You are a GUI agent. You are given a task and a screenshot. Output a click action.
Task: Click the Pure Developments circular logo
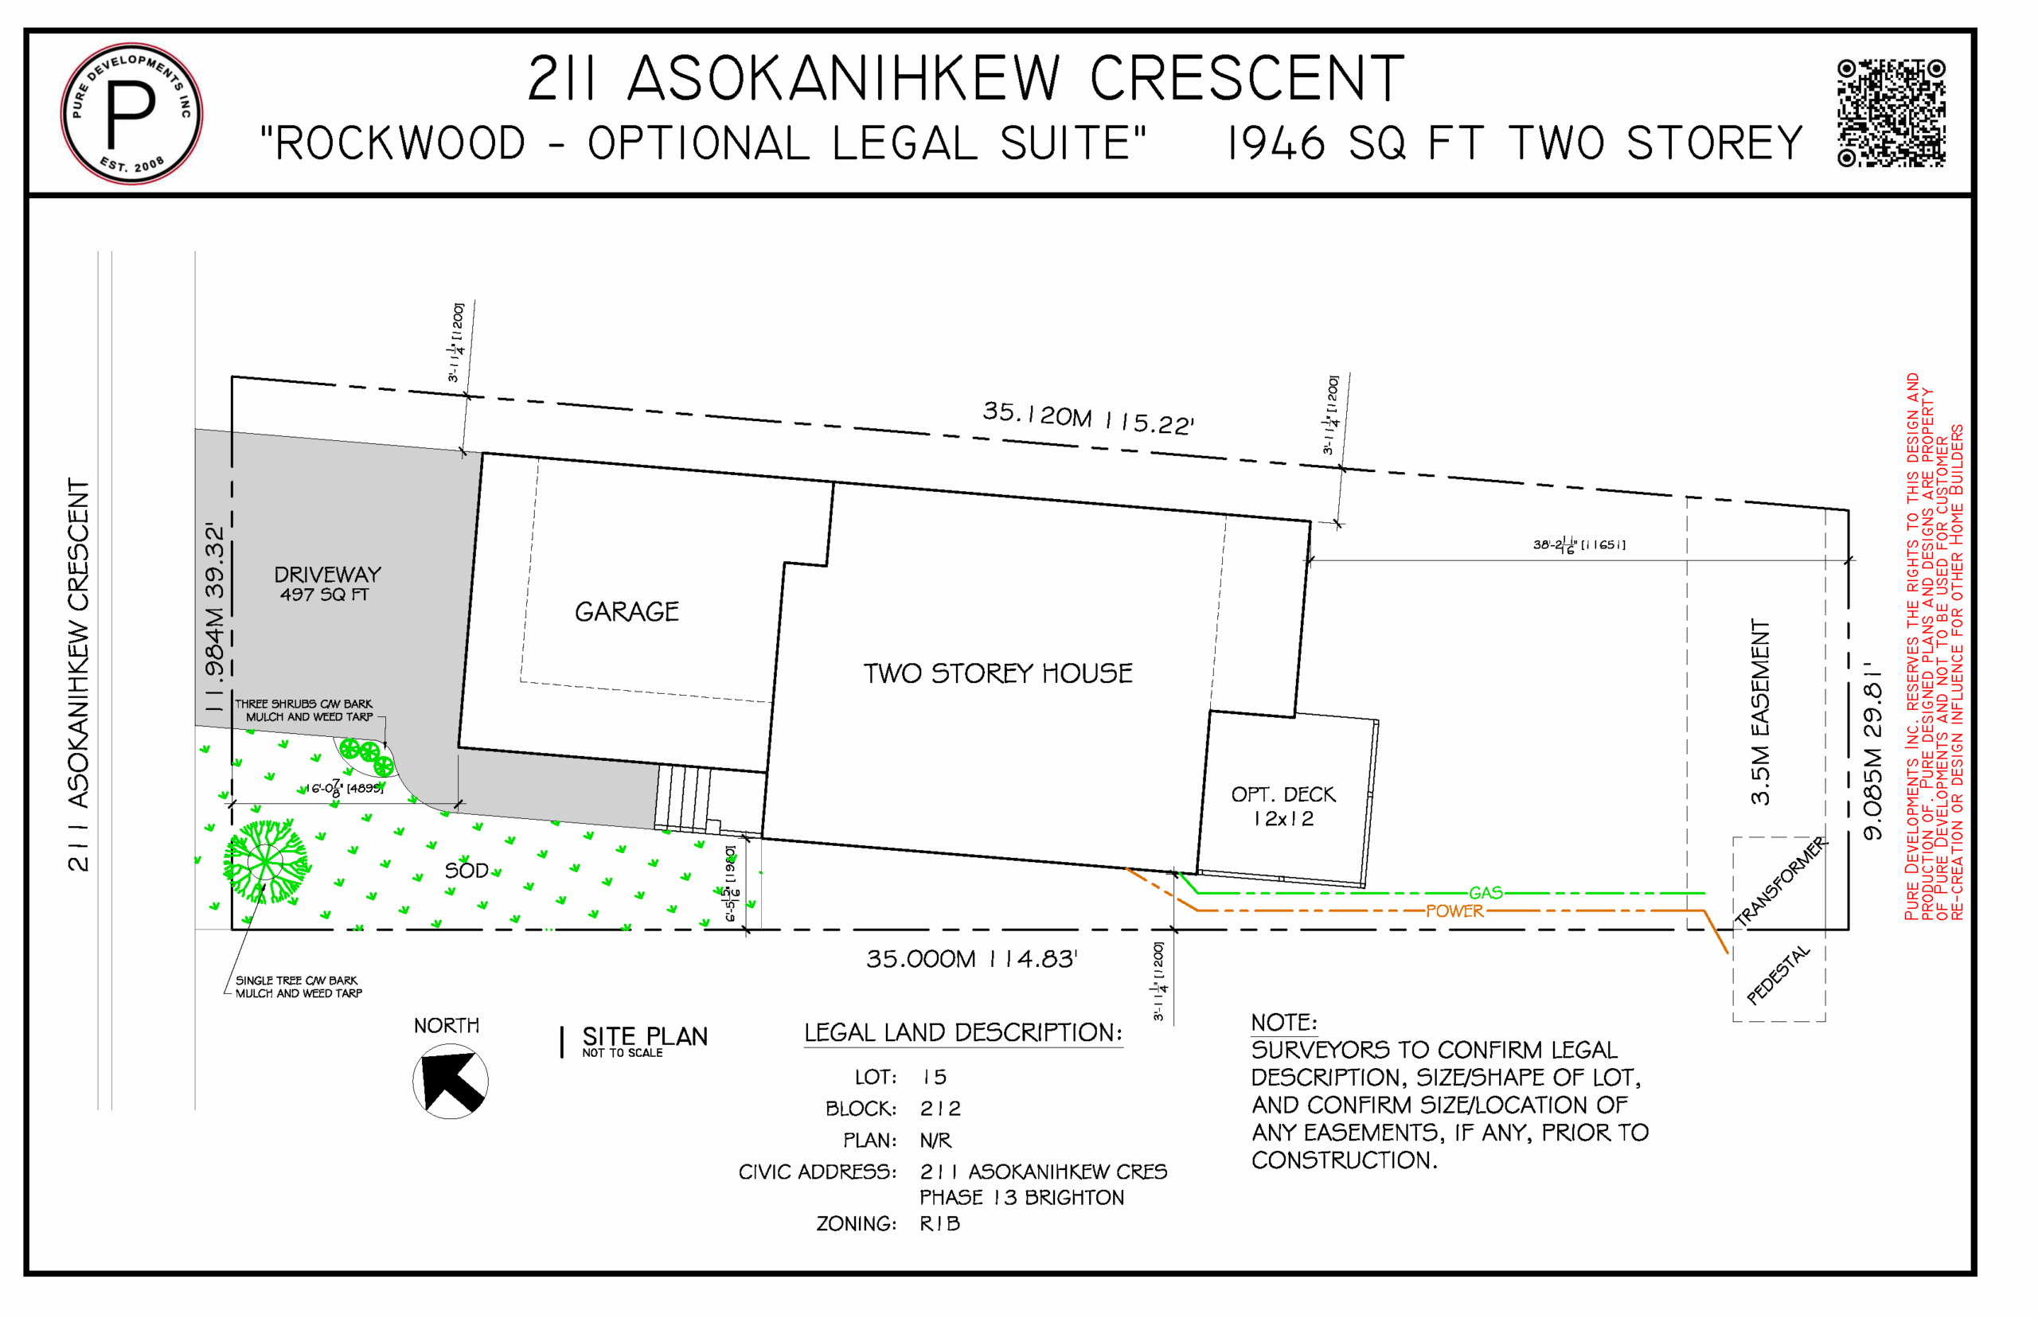(x=131, y=113)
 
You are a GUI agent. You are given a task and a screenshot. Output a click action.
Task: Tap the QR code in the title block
(x=1890, y=112)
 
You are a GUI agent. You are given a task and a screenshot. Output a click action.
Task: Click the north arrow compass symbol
(x=451, y=1082)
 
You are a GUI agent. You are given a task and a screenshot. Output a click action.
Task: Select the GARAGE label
(x=627, y=612)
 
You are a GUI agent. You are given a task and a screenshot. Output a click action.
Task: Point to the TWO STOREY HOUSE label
(x=998, y=673)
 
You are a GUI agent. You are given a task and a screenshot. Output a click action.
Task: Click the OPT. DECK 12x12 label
(x=1283, y=806)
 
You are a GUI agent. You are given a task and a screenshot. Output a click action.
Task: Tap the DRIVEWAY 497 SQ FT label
(x=327, y=583)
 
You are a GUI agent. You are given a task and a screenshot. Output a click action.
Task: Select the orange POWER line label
(x=1454, y=911)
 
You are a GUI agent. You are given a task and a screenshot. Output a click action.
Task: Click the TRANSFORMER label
(x=1779, y=883)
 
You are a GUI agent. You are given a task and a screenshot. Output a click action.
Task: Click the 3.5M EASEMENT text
(x=1760, y=712)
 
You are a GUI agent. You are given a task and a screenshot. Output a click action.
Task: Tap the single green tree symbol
(x=266, y=862)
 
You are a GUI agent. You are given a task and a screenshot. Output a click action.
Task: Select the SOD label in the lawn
(x=466, y=872)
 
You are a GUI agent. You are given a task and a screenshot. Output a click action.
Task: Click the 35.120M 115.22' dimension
(x=1087, y=418)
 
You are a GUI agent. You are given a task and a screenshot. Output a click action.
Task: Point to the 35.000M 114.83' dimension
(x=970, y=959)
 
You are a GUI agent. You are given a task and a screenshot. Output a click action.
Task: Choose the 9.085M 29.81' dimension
(x=1872, y=750)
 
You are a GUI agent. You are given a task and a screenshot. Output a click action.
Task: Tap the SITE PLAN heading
(x=645, y=1037)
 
